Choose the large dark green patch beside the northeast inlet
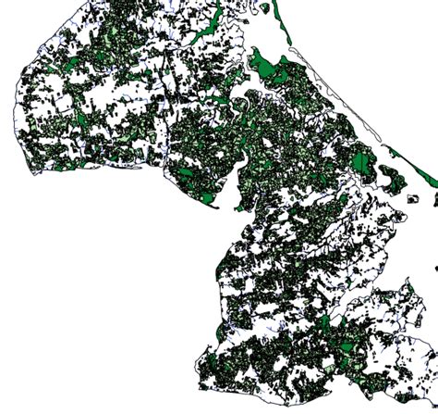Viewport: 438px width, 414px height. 271,67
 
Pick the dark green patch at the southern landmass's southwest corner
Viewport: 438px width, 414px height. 211,361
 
